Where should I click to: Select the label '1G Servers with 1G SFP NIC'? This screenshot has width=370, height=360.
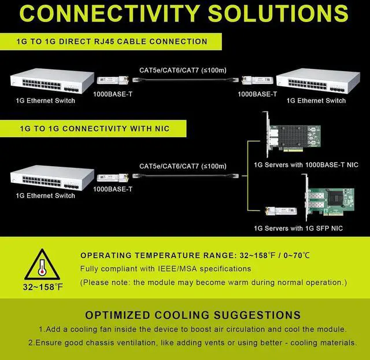[x=298, y=229]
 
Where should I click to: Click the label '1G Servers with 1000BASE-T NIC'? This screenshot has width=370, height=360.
[x=306, y=165]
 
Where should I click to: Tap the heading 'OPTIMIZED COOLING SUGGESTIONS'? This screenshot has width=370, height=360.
[x=193, y=315]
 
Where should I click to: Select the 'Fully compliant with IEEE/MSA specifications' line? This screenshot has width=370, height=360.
[x=166, y=269]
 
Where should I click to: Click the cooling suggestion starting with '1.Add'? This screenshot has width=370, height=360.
[x=193, y=329]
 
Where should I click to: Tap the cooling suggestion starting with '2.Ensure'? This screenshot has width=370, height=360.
[x=193, y=343]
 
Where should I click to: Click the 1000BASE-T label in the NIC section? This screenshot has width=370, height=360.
[x=113, y=189]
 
